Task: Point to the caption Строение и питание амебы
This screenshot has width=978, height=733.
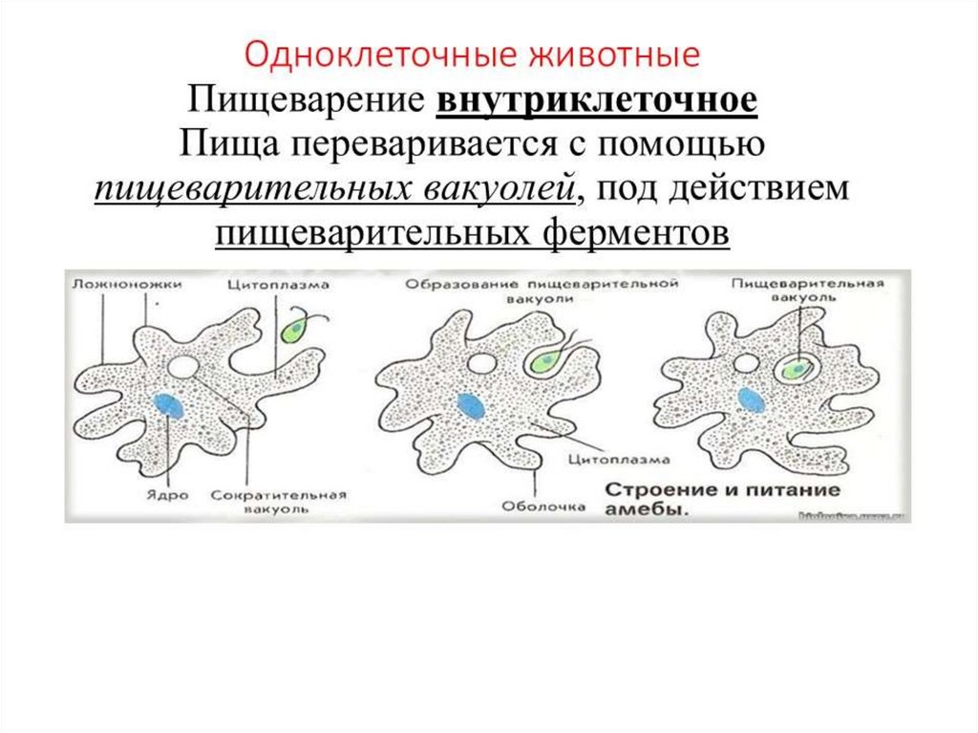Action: [x=721, y=499]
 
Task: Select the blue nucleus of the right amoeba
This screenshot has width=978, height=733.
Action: [x=751, y=399]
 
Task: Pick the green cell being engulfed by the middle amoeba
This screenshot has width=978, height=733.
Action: [x=544, y=362]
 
